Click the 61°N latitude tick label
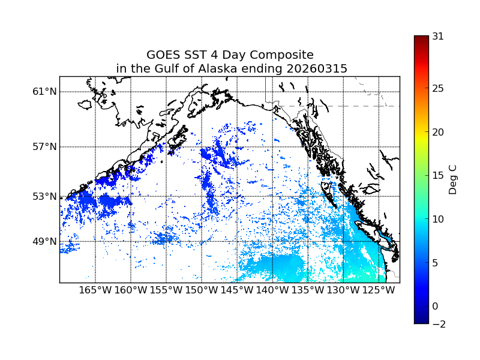point(44,92)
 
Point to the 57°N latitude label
point(44,147)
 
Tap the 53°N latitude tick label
point(44,196)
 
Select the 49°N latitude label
point(44,241)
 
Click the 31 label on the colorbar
point(438,37)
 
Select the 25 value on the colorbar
point(438,89)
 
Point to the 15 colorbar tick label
point(438,176)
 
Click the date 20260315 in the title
point(317,69)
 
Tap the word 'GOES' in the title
point(162,55)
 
